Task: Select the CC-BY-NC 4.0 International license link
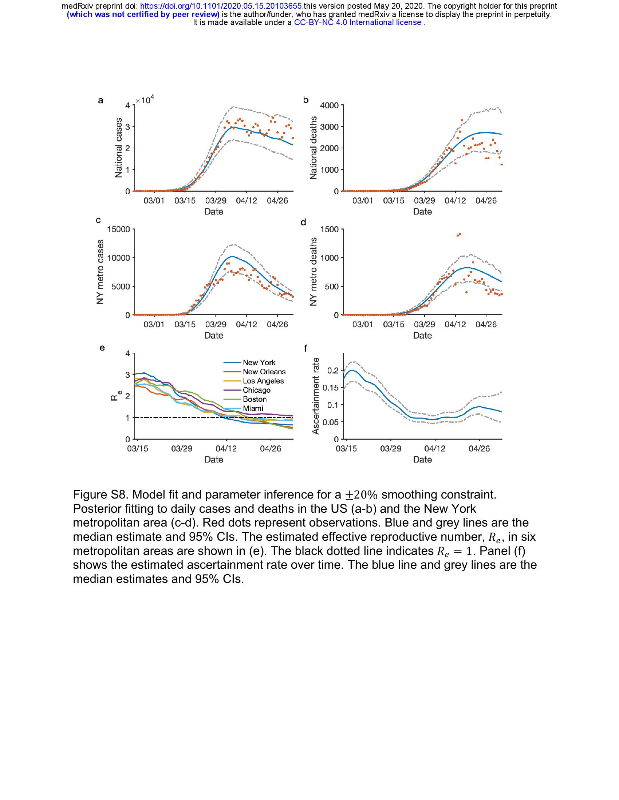pyautogui.click(x=358, y=22)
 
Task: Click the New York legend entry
pyautogui.click(x=259, y=363)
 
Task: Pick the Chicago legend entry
pyautogui.click(x=256, y=390)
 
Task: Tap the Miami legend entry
pyautogui.click(x=253, y=408)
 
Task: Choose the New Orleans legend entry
pyautogui.click(x=264, y=372)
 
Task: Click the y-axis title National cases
pyautogui.click(x=118, y=148)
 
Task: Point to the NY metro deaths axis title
pyautogui.click(x=313, y=272)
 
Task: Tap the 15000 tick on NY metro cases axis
pyautogui.click(x=118, y=230)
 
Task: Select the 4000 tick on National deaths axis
pyautogui.click(x=330, y=106)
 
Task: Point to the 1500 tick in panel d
pyautogui.click(x=330, y=230)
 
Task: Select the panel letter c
pyautogui.click(x=98, y=220)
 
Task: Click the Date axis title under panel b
pyautogui.click(x=422, y=212)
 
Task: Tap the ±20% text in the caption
pyautogui.click(x=361, y=495)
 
